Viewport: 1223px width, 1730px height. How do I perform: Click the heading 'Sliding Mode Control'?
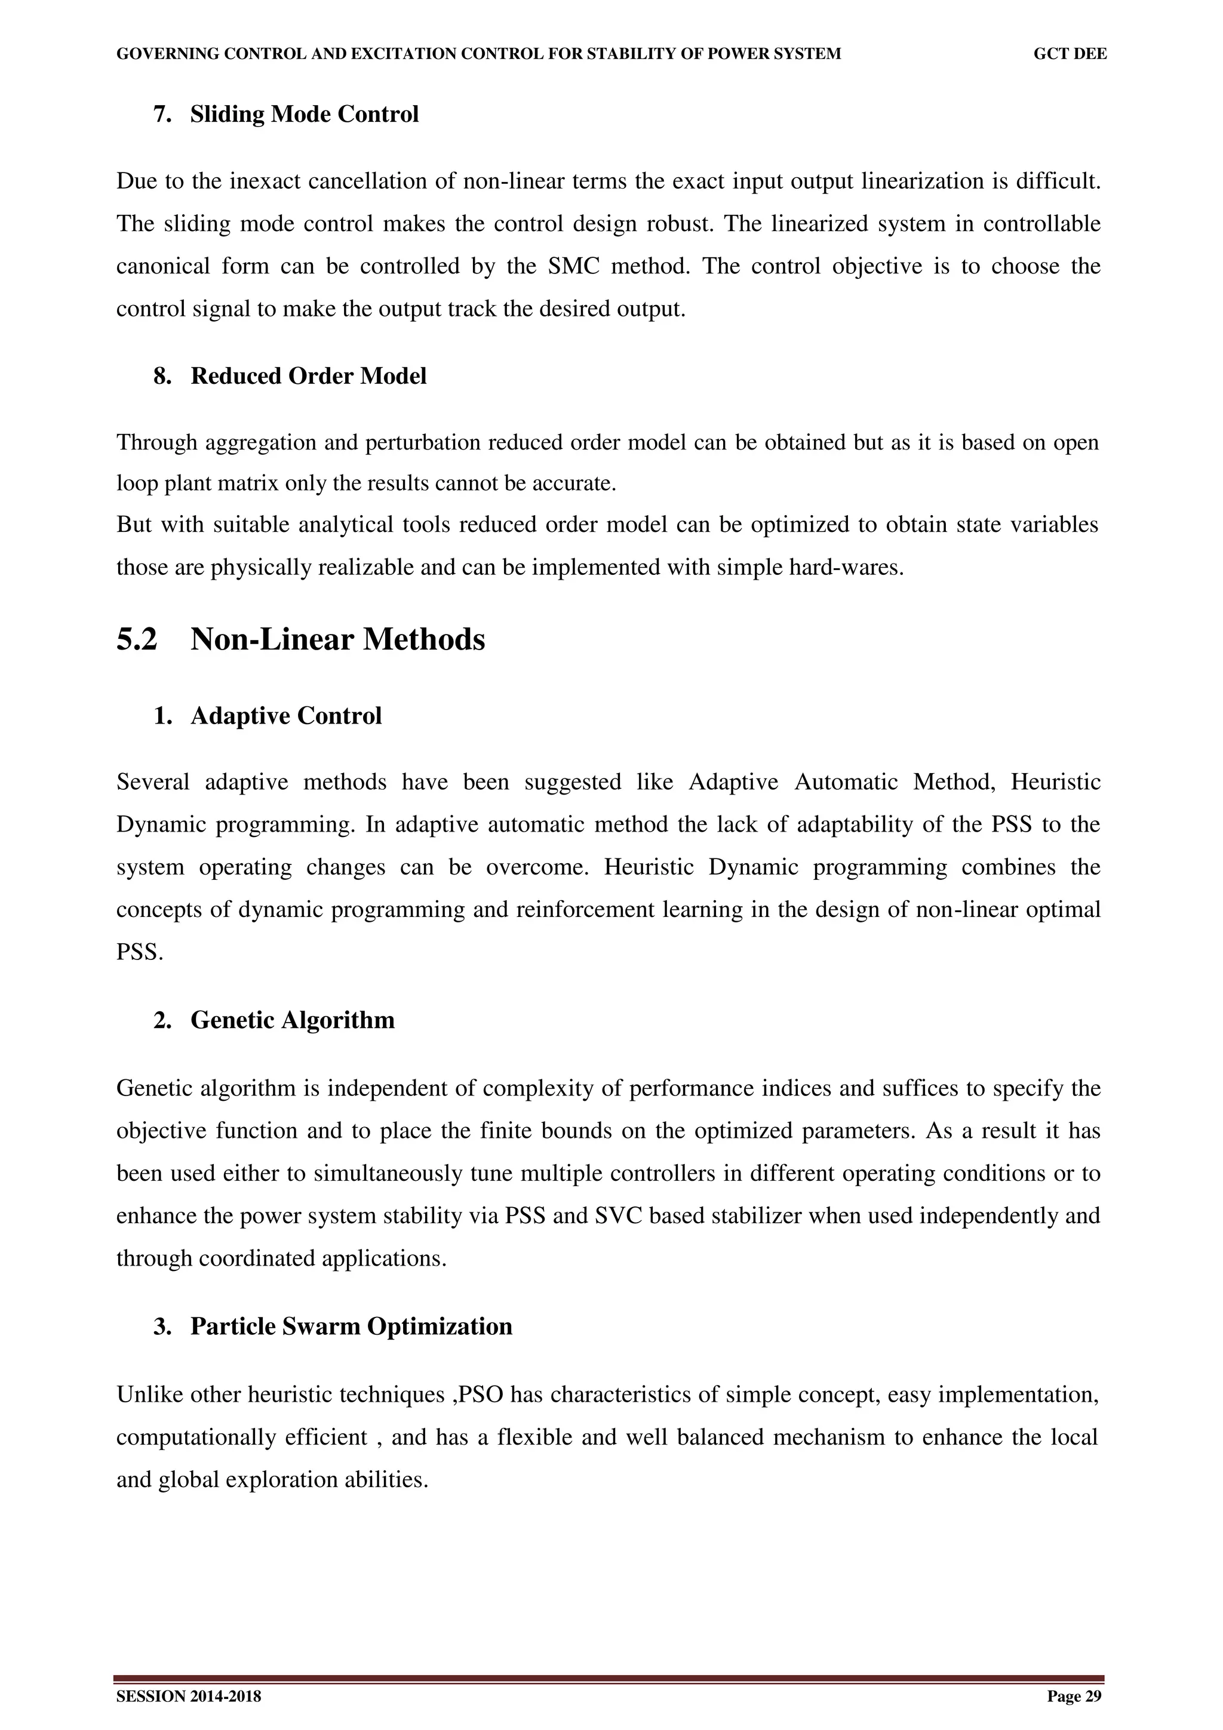click(x=304, y=115)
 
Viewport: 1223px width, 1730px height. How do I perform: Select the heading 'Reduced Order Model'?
click(x=308, y=376)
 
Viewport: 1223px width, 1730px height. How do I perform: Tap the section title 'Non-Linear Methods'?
click(x=337, y=640)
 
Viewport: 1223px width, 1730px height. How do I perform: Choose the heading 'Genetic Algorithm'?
click(x=293, y=1020)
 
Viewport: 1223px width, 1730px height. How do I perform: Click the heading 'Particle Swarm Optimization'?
click(x=351, y=1326)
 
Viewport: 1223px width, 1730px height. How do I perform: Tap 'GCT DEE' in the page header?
click(x=1070, y=54)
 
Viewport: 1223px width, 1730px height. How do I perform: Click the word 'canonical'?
click(x=163, y=267)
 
